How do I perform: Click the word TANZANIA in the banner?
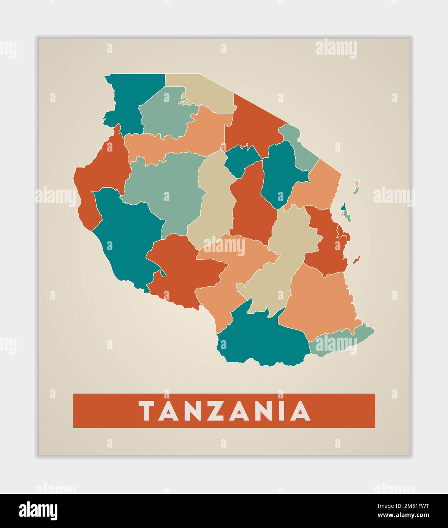(224, 411)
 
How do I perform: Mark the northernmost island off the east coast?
(356, 186)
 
